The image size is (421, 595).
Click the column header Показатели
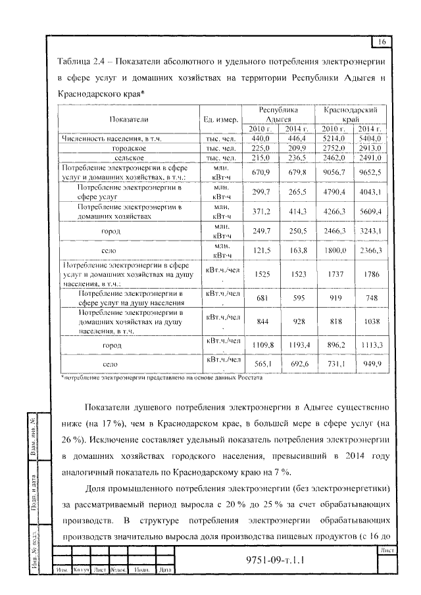128,119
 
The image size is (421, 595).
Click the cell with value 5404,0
370,139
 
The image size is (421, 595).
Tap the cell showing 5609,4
370,211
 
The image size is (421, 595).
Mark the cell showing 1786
370,272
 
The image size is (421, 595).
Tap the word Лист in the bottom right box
386,550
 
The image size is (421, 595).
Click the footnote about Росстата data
162,378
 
